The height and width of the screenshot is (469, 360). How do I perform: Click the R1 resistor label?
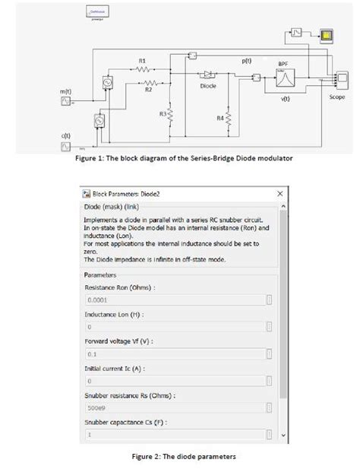tap(143, 60)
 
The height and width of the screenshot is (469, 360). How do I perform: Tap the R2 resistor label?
tap(149, 90)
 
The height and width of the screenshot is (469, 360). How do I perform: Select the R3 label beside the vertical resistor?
tap(163, 113)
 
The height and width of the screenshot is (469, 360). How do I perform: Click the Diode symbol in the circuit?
tap(207, 75)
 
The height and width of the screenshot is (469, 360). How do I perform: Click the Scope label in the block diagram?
tap(337, 97)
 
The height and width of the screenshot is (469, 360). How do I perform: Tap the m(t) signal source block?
tap(65, 101)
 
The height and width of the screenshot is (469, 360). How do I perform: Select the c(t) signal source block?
tap(65, 145)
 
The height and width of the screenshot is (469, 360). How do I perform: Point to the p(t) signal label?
tap(247, 60)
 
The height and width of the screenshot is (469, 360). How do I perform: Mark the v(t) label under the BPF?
tap(286, 99)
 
